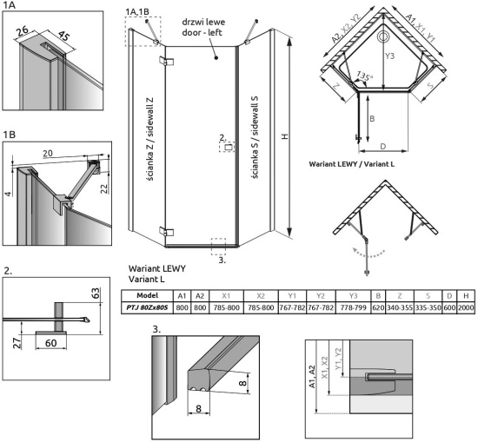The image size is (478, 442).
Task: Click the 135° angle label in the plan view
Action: point(363,76)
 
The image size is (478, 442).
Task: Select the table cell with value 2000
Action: point(466,307)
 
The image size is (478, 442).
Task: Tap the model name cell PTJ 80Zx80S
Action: point(147,307)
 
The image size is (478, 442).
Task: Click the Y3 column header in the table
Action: point(353,295)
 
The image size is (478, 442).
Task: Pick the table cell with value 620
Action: point(378,307)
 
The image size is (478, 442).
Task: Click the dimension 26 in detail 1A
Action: point(23,30)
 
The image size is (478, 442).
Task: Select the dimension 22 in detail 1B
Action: point(104,188)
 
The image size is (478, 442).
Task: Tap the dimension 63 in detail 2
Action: point(96,293)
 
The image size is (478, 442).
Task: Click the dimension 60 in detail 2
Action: point(51,343)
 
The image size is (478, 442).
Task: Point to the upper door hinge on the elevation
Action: point(167,61)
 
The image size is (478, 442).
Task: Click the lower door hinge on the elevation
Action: point(167,231)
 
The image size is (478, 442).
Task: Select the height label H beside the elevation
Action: point(285,136)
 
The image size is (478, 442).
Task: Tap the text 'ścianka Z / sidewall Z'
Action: point(150,139)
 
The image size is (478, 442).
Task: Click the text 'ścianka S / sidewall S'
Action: point(255,137)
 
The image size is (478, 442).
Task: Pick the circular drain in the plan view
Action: point(383,36)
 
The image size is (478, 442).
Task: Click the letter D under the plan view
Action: point(383,147)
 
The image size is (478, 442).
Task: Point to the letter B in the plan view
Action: point(372,118)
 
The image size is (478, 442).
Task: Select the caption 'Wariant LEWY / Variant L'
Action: point(351,164)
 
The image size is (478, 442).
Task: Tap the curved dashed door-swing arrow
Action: point(368,255)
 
